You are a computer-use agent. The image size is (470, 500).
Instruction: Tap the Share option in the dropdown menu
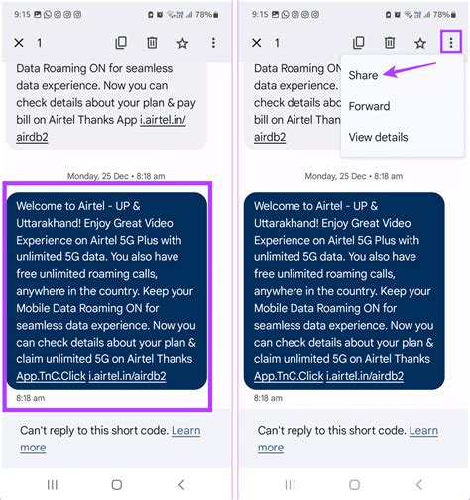pyautogui.click(x=363, y=75)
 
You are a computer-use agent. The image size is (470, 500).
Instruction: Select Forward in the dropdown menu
pyautogui.click(x=369, y=106)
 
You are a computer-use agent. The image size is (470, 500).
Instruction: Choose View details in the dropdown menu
pyautogui.click(x=378, y=137)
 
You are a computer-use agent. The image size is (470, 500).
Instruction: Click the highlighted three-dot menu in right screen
pyautogui.click(x=452, y=43)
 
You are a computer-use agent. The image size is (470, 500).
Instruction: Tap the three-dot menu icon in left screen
pyautogui.click(x=214, y=43)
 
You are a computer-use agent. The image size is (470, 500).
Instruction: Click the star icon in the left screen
pyautogui.click(x=182, y=43)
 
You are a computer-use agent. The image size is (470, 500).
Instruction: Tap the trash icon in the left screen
pyautogui.click(x=152, y=43)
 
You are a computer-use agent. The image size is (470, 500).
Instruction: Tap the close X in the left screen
pyautogui.click(x=19, y=43)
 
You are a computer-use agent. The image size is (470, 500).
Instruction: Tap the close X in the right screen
pyautogui.click(x=257, y=43)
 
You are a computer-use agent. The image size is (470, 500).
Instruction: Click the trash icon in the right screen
pyautogui.click(x=390, y=43)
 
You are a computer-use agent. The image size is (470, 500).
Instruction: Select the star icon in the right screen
pyautogui.click(x=420, y=43)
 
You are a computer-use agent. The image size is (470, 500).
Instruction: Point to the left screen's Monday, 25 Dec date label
pyautogui.click(x=116, y=176)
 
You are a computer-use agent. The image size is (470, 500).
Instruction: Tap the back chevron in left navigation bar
pyautogui.click(x=181, y=484)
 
